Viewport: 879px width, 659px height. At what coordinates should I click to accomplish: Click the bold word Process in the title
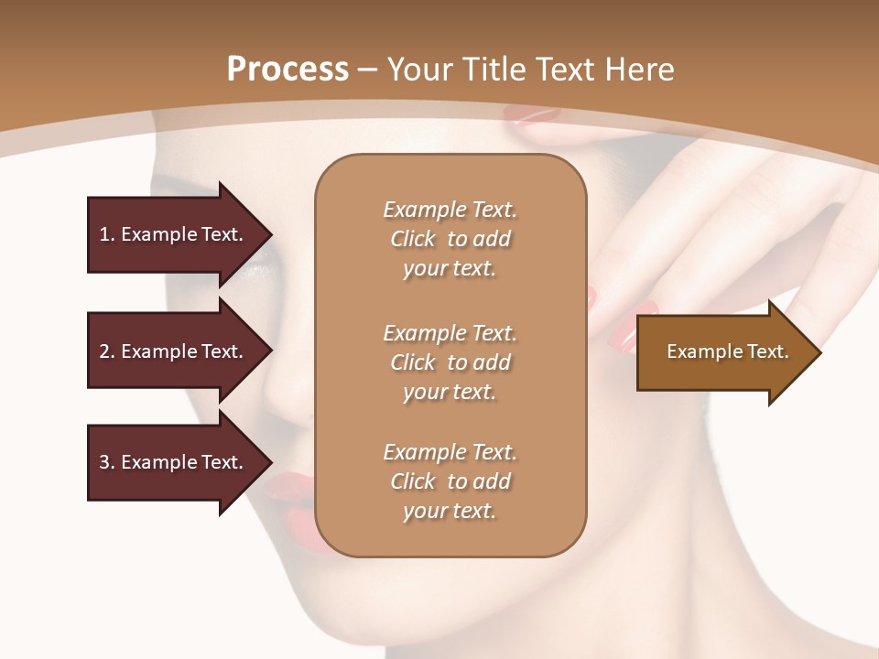(288, 70)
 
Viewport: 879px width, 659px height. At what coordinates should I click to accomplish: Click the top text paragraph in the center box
(450, 239)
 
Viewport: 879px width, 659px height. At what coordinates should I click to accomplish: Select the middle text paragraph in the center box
(450, 362)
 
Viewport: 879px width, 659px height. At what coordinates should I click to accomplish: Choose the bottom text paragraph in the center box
(450, 481)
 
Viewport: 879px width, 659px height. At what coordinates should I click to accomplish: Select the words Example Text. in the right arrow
(727, 351)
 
